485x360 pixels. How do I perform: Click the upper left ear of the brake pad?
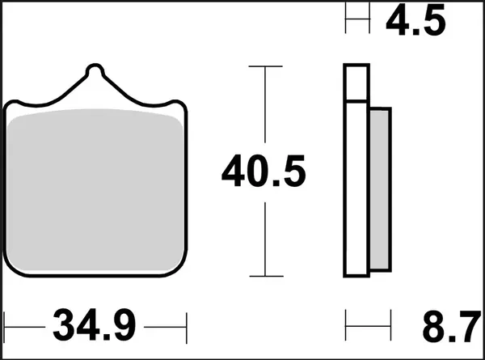pyautogui.click(x=16, y=106)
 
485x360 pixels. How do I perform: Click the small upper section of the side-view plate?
pyautogui.click(x=356, y=82)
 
